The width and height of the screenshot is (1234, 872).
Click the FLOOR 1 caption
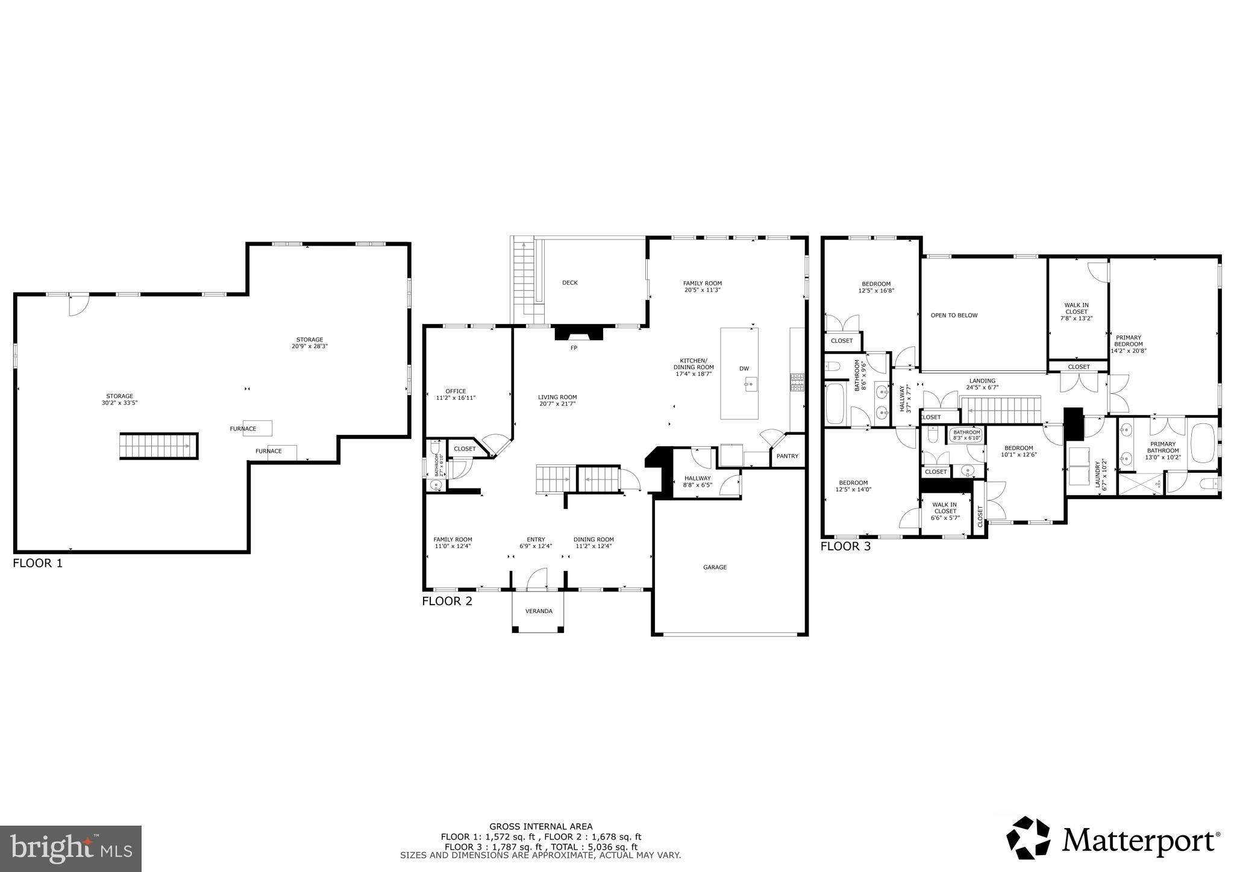click(x=37, y=564)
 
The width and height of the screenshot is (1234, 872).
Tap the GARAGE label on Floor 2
click(x=715, y=567)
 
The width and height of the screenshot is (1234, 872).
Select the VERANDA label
click(x=539, y=611)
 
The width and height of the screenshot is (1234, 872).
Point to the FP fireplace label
click(x=574, y=348)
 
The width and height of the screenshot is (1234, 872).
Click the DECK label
click(x=569, y=283)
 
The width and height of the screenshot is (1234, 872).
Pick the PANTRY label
click(x=787, y=456)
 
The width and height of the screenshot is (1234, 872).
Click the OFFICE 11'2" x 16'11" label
click(x=456, y=394)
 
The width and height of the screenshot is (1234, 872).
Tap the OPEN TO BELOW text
click(x=954, y=316)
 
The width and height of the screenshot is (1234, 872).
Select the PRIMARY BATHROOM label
click(x=1162, y=450)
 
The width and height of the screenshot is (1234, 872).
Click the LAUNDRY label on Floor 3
click(x=1100, y=474)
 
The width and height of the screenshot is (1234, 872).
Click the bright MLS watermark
click(x=70, y=849)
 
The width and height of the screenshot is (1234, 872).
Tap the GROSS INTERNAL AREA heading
click(x=540, y=827)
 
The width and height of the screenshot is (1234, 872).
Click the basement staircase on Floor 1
click(x=158, y=446)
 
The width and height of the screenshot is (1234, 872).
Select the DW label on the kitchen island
click(x=744, y=369)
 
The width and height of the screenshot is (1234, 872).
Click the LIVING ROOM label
click(x=557, y=400)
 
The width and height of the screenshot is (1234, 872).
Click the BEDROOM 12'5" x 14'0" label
click(x=853, y=486)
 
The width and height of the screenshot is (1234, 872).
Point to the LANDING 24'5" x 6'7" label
click(x=982, y=384)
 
